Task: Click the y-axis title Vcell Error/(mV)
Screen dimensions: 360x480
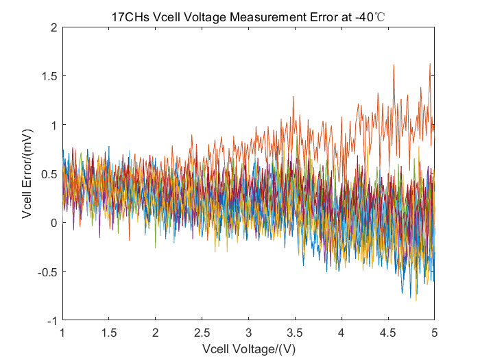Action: tap(27, 174)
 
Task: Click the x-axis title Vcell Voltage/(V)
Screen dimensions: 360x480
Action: tap(248, 348)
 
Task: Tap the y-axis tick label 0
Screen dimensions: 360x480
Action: tap(53, 223)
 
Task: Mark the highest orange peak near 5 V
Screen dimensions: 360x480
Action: tap(430, 64)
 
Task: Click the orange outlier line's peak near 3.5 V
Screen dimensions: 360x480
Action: tap(293, 97)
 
